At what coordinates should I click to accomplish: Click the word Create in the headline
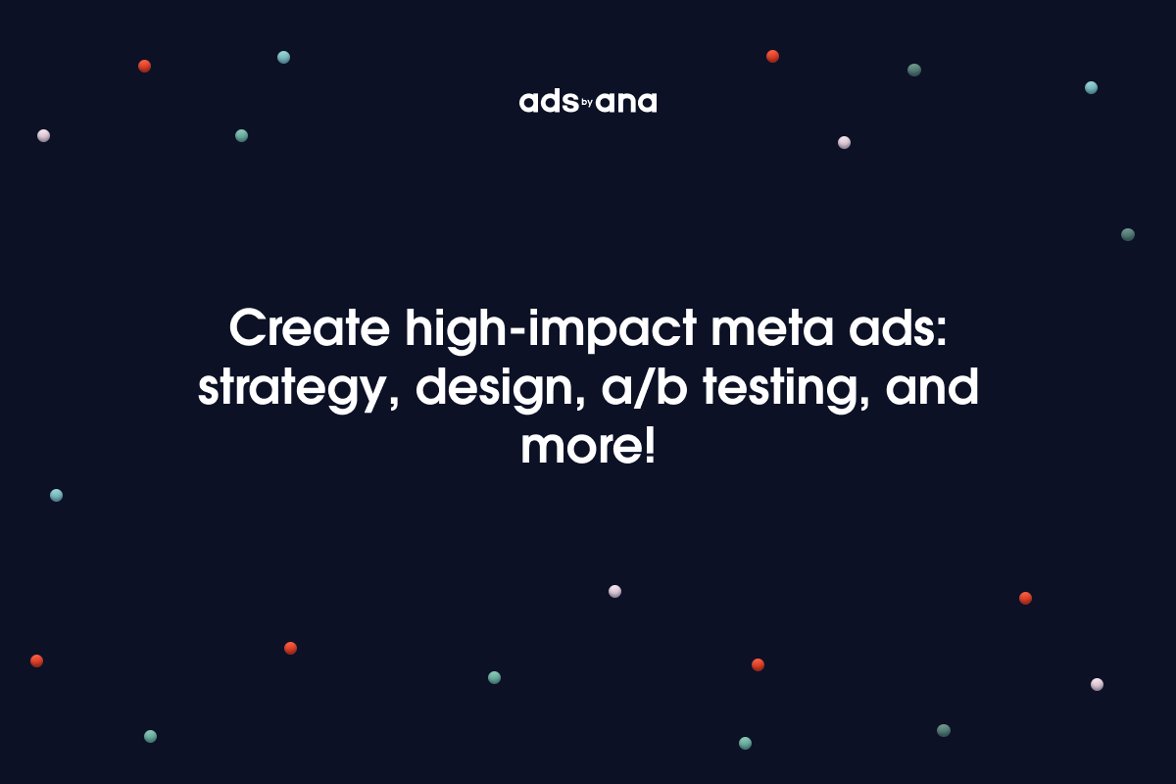coord(307,329)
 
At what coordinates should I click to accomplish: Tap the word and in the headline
coord(932,388)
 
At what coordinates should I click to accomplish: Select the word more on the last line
coord(578,447)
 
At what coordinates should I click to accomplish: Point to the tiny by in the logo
coord(588,101)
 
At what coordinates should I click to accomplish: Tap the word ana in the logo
coord(627,103)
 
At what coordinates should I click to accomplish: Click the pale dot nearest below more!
coord(614,591)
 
